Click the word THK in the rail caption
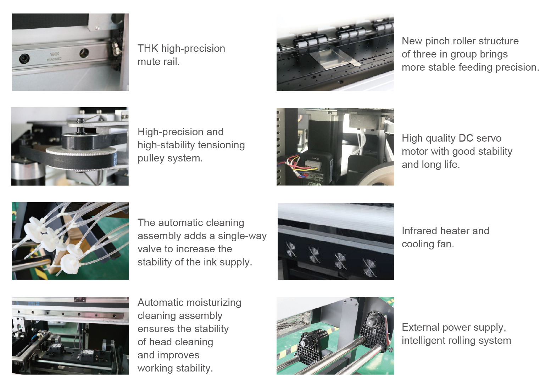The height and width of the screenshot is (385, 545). click(148, 49)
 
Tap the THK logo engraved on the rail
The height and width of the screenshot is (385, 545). click(55, 54)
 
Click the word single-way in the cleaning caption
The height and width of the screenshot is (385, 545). click(242, 236)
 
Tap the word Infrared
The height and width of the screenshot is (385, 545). click(419, 231)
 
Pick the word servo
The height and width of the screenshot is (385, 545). click(489, 138)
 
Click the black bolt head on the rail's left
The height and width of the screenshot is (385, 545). click(24, 59)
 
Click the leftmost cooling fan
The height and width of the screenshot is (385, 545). click(290, 249)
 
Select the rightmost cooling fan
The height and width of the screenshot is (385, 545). click(369, 268)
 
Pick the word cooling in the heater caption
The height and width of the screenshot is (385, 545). click(418, 244)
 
